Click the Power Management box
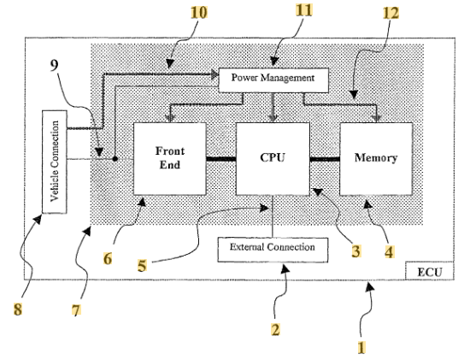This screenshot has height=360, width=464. (273, 80)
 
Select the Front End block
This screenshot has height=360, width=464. (170, 159)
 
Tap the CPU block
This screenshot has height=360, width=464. (273, 159)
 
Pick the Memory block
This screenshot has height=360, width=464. (376, 159)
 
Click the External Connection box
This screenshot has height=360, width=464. (273, 250)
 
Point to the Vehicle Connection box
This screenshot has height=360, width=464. (55, 162)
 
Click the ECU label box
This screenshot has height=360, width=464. (429, 270)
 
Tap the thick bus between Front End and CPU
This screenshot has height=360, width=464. (221, 159)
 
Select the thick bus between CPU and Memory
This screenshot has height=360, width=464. (325, 159)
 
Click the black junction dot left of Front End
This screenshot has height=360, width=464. (115, 159)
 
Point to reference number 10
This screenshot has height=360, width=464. (198, 13)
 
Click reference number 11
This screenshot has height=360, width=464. (304, 10)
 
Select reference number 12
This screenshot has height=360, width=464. (391, 13)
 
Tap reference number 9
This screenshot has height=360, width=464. (54, 65)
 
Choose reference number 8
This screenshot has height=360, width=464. (18, 310)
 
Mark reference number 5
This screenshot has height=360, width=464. (142, 265)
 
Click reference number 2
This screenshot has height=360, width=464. (275, 329)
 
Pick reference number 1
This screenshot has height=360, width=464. (361, 347)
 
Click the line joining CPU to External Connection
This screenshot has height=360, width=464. (273, 216)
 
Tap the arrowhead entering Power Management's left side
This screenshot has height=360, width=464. (214, 74)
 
